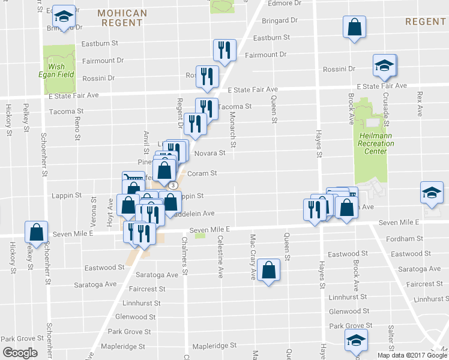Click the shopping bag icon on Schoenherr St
click(37, 232)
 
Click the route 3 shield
click(172, 185)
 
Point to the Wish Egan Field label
click(58, 70)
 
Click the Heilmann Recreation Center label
click(375, 143)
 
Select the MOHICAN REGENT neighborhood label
click(122, 17)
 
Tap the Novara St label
click(209, 153)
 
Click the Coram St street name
click(204, 173)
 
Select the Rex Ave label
click(420, 100)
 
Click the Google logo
click(20, 352)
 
